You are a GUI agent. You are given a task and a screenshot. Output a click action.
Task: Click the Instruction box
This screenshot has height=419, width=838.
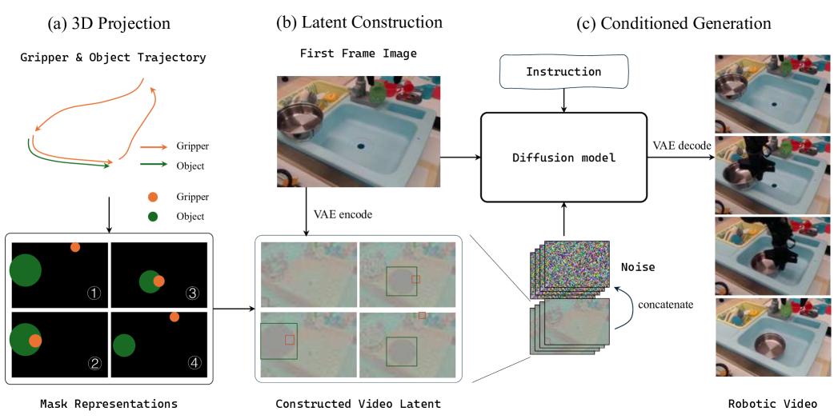563,72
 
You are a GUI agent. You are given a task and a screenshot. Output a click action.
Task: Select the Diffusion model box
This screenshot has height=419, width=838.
563,158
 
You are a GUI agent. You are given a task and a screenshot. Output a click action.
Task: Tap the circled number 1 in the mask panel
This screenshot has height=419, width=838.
94,293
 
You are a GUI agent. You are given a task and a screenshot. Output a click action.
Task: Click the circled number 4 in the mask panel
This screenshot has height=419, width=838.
194,362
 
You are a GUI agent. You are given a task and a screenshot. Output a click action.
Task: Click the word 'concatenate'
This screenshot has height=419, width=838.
662,304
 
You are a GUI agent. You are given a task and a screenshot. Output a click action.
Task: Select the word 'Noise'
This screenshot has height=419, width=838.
638,267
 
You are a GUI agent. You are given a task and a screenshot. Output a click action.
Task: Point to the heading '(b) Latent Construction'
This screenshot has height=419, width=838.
359,22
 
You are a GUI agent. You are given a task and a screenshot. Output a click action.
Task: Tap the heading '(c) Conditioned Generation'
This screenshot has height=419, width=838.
673,23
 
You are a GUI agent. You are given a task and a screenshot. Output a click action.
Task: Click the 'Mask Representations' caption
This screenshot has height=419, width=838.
108,404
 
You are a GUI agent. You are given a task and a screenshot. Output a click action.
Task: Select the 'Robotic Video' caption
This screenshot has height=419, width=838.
772,404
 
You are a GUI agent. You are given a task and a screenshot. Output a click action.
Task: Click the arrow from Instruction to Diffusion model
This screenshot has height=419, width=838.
563,100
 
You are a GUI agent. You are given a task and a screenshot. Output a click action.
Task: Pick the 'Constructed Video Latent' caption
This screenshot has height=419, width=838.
358,404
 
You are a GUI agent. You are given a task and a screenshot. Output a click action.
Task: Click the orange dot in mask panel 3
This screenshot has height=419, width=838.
159,281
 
